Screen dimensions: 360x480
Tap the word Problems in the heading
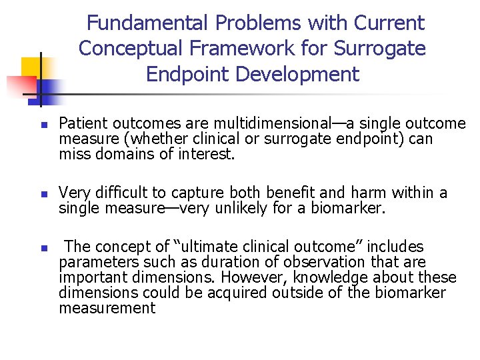tap(258, 23)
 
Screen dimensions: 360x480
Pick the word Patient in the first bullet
tap(79, 124)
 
